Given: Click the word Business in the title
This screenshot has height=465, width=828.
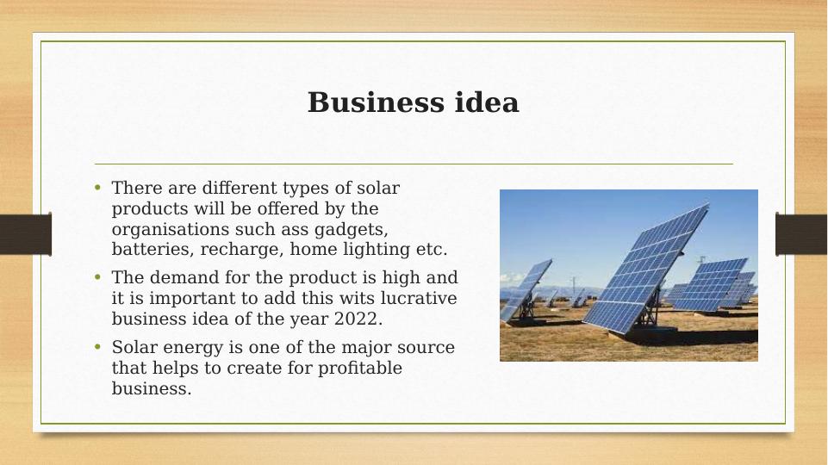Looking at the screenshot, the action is [x=376, y=102].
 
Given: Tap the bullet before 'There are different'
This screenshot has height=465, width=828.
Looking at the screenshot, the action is [x=97, y=187].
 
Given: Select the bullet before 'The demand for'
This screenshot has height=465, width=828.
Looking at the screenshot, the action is [x=97, y=276].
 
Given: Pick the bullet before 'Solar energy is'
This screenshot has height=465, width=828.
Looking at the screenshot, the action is [x=97, y=347].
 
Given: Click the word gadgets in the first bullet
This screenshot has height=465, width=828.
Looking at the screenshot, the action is [x=352, y=230].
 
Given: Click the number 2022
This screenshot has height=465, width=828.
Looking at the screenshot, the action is [x=358, y=319].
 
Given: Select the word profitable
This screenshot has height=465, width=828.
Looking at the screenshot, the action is [x=359, y=368].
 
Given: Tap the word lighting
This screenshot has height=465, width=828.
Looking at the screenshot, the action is [x=376, y=250].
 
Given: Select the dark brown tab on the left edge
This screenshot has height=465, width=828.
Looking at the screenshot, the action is [x=26, y=234].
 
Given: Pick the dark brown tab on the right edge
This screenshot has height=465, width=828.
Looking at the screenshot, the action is [x=801, y=234].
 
